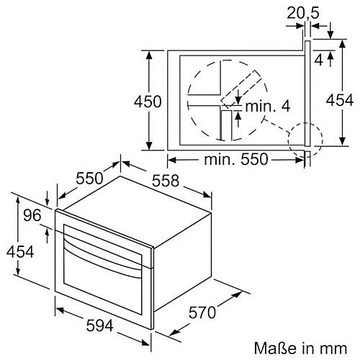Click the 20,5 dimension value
(x=303, y=13)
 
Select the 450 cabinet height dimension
(x=148, y=102)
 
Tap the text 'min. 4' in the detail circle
(x=268, y=106)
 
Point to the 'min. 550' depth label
(x=235, y=159)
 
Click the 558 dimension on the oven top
(x=166, y=181)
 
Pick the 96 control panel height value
(x=32, y=215)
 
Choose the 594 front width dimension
(x=99, y=325)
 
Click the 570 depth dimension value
(x=202, y=312)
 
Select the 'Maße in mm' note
(x=300, y=348)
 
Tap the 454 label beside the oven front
(x=20, y=252)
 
